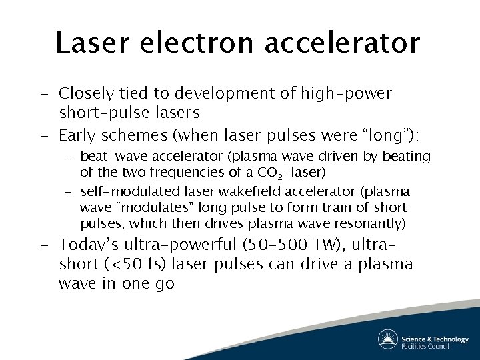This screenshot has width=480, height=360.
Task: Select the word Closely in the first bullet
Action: point(87,93)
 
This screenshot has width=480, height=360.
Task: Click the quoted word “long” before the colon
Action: point(390,136)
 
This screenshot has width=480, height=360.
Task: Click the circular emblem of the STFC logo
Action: point(387,339)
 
